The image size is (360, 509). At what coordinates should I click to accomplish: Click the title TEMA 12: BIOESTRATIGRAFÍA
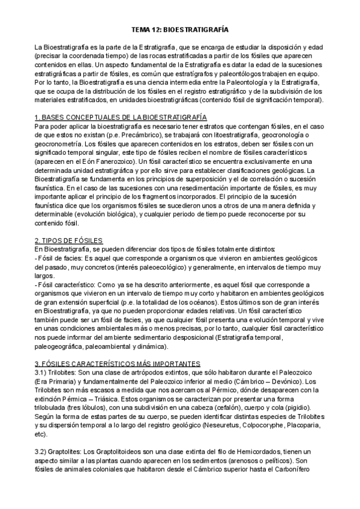(x=180, y=29)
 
